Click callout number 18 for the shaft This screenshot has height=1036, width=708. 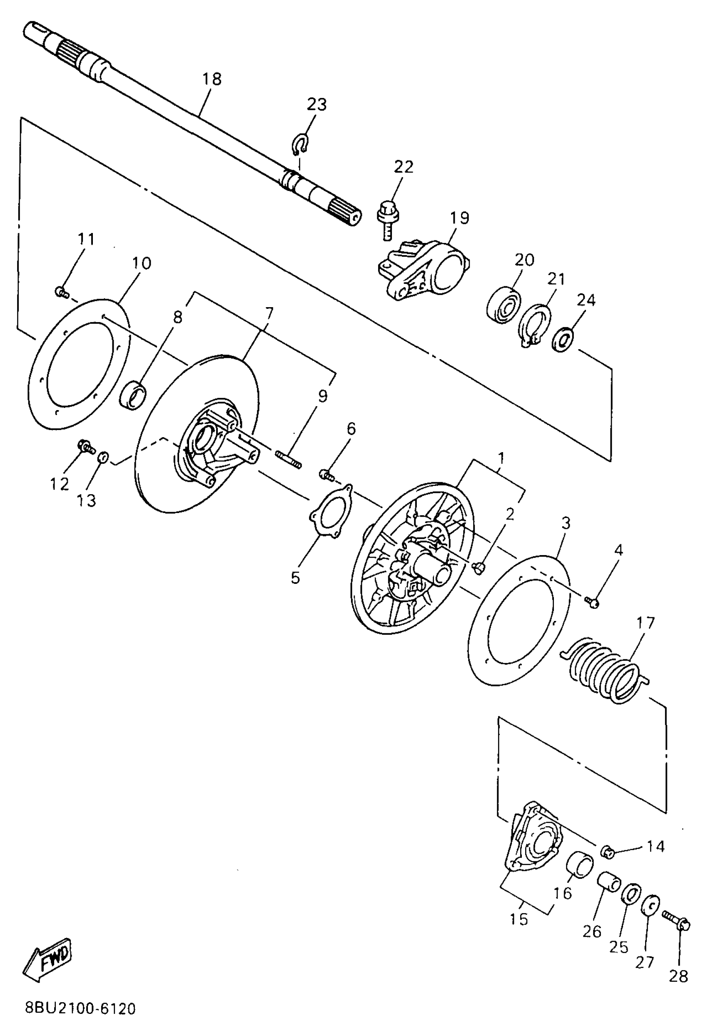212,79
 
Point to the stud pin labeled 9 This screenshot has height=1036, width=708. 289,460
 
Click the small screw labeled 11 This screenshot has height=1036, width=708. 62,293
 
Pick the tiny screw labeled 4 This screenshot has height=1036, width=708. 593,603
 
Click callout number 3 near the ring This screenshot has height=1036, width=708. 566,523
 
